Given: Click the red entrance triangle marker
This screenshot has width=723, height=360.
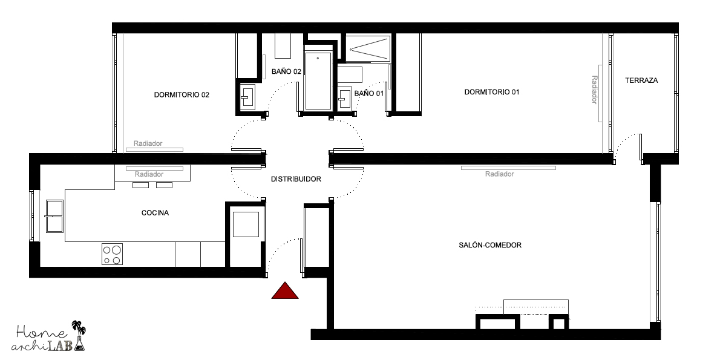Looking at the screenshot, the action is tap(285, 291).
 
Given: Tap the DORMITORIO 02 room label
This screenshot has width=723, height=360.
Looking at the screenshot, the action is tap(182, 95).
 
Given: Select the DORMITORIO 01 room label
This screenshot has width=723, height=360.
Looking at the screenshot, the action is tap(491, 92).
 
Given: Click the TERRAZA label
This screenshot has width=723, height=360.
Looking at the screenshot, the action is tap(641, 80).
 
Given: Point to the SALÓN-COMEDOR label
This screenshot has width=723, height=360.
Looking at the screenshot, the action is tap(490, 245).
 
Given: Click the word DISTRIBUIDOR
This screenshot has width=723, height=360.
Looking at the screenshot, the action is tap(296, 179).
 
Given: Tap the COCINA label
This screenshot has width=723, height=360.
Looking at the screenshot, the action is tap(155, 213).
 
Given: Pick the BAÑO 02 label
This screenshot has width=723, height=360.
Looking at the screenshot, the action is tap(286, 71).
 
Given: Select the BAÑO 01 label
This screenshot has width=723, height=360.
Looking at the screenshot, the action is tap(369, 94).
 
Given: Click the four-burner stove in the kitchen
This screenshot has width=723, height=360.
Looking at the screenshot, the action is tap(113, 254).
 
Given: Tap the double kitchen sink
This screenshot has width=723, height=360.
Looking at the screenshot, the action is tap(54, 216).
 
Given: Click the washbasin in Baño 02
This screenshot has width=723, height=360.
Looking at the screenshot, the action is tap(247, 97).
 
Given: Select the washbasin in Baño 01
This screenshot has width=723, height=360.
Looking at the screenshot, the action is tap(344, 97).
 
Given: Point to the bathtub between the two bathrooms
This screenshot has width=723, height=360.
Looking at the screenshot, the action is tap(318, 80).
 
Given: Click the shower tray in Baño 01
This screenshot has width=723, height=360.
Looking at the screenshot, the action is tap(368, 48).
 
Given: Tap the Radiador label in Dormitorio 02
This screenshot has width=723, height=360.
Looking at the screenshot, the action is tap(148, 143).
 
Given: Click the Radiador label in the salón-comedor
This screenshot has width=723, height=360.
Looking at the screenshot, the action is tap(499, 174).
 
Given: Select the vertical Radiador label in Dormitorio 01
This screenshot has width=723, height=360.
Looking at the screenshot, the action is tap(594, 90).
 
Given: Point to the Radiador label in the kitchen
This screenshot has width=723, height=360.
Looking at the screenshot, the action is tap(149, 175).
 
